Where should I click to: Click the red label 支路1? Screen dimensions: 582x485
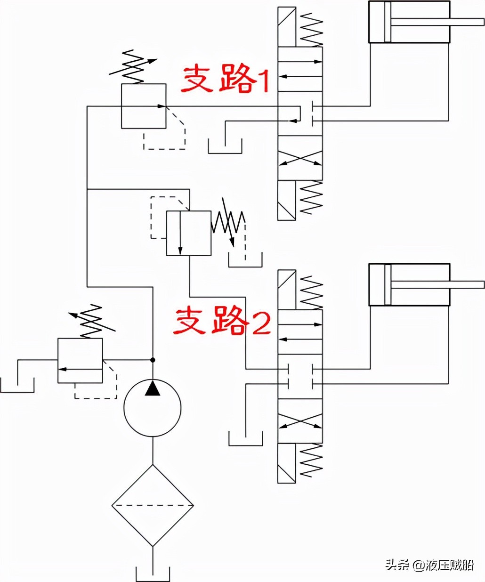225,79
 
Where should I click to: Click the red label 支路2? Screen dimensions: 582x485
222,322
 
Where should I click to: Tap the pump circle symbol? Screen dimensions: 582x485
153,408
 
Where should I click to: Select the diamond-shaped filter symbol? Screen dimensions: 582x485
153,505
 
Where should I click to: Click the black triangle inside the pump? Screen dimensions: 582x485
153,388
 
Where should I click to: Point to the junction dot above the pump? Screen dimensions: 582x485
153,360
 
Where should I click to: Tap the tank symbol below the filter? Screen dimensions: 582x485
153,574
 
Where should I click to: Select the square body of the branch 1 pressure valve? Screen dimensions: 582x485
144,106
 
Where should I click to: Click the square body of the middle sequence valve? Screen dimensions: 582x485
188,233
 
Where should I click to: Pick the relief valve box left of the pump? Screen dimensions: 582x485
80,360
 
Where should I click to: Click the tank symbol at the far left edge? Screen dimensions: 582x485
17,385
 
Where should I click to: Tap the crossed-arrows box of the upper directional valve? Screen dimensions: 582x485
300,158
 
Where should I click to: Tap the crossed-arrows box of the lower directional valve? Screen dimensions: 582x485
300,421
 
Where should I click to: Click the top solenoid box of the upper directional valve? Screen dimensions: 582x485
287,26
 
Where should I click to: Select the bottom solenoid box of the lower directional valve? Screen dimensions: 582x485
287,463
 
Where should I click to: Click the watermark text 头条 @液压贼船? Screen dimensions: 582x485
429,565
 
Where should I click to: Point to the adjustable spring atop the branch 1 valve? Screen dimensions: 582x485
133,66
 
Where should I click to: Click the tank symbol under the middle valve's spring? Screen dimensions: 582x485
245,260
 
